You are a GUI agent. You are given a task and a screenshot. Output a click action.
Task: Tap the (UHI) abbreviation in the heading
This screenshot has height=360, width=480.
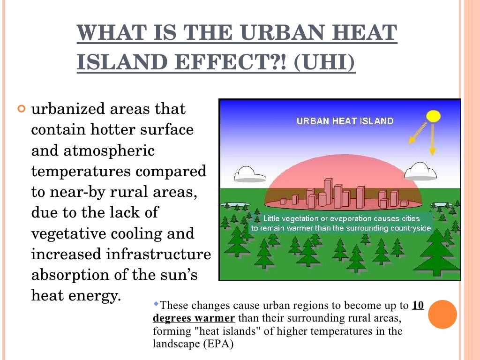tap(324, 63)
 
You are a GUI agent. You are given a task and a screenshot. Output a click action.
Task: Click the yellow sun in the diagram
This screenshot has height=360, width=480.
tap(434, 115)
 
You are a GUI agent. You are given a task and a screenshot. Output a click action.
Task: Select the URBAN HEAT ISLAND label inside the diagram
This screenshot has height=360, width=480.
tap(345, 121)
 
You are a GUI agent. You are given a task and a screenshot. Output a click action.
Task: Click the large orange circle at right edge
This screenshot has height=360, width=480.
tap(442, 314)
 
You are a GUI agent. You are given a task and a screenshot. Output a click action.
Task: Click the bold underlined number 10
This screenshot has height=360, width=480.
tap(418, 306)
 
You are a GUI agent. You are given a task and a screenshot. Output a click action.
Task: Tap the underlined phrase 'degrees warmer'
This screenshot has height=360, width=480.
tap(194, 319)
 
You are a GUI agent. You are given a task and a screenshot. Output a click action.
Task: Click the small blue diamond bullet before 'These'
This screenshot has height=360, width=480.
tap(157, 305)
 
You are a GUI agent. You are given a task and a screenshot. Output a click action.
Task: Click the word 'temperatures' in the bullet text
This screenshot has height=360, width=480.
tap(81, 171)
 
